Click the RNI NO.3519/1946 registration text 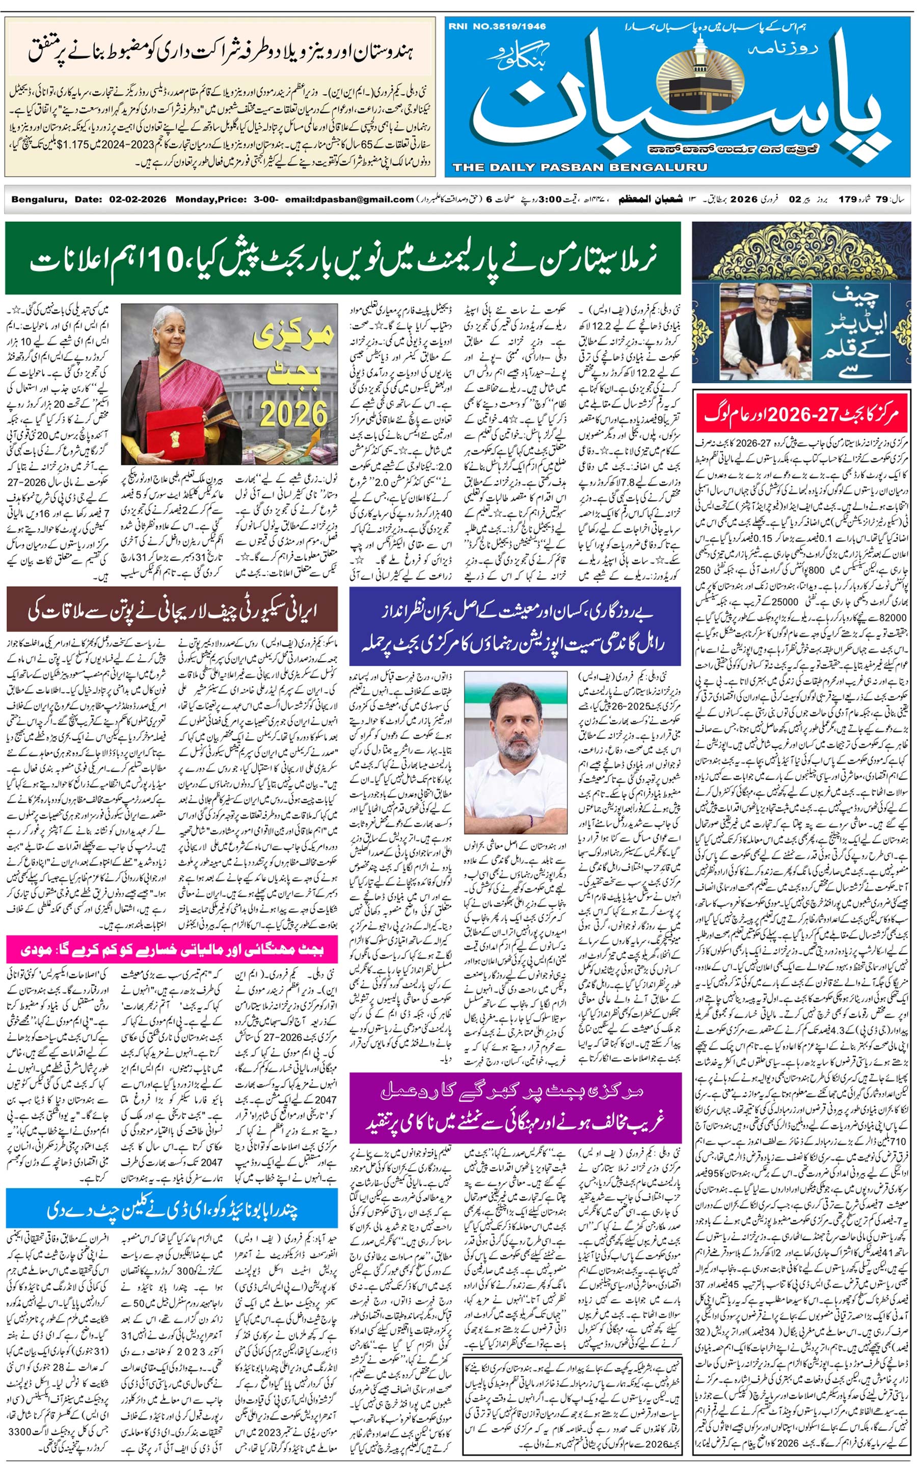[497, 26]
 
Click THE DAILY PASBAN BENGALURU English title [579, 167]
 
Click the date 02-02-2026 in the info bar [138, 199]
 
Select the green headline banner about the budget [343, 258]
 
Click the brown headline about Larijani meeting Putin [172, 609]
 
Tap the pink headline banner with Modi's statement [172, 950]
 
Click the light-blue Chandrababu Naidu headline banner [172, 1210]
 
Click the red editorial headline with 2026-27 [801, 414]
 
